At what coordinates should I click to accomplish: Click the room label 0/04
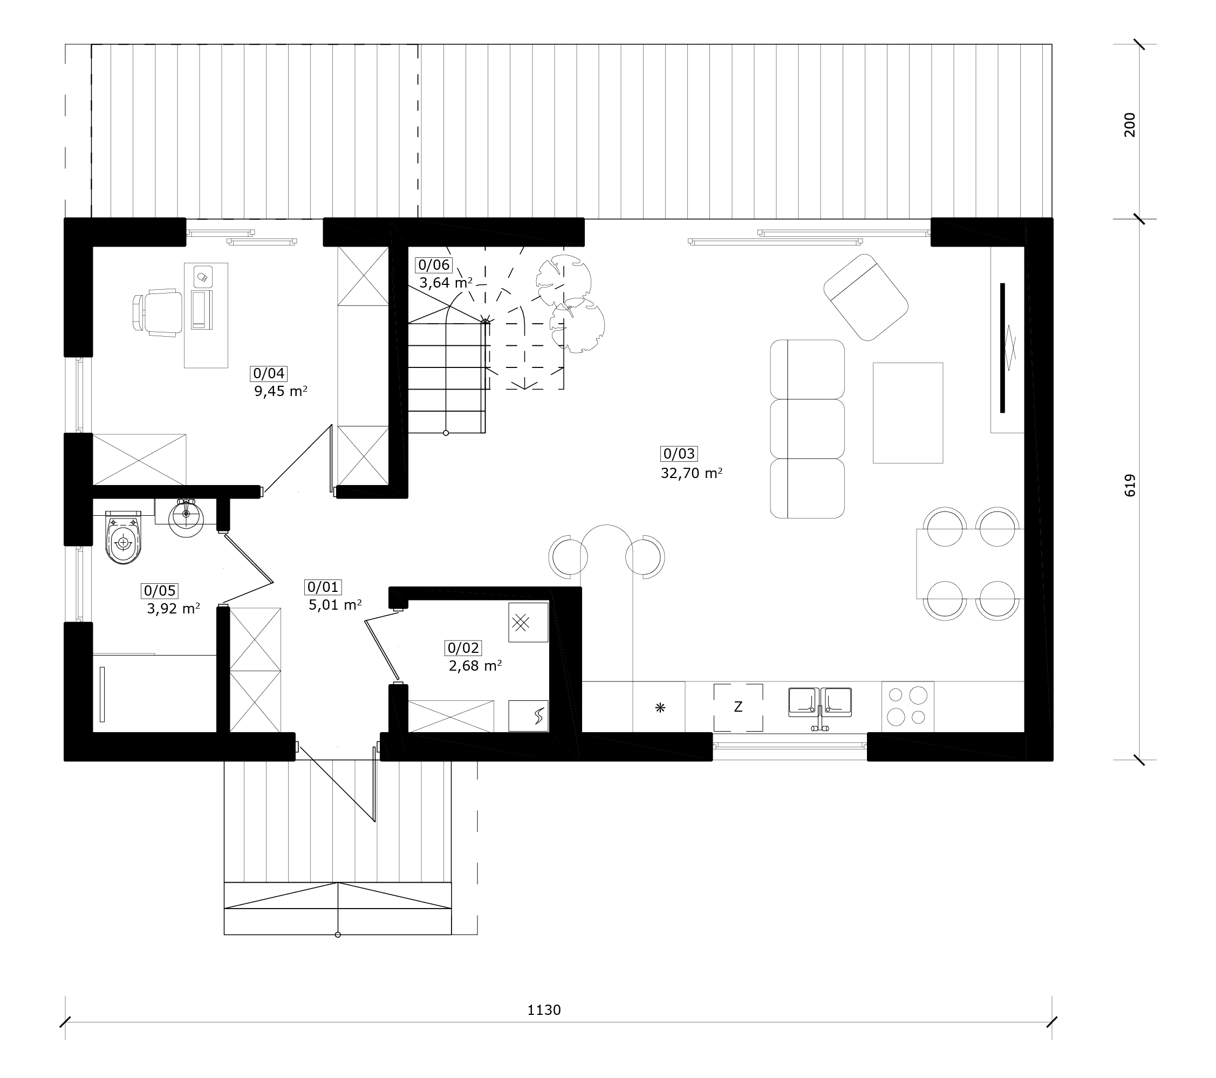click(269, 373)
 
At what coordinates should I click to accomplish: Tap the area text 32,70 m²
click(691, 474)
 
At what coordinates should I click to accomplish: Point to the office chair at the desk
click(157, 313)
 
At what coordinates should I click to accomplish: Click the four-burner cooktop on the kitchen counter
click(907, 707)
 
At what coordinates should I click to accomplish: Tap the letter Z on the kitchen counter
click(737, 707)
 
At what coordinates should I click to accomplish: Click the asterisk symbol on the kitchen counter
click(660, 707)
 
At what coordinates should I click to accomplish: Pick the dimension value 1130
click(544, 1009)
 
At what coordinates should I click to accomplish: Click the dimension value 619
click(1130, 486)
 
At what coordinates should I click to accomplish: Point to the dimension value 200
click(1129, 125)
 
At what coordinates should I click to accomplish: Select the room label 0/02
click(463, 648)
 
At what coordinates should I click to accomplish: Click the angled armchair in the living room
click(865, 297)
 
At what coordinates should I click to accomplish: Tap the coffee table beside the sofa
click(907, 413)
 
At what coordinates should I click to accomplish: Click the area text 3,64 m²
click(446, 283)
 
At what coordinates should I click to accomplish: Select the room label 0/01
click(323, 587)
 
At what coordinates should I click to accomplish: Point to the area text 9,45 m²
click(280, 391)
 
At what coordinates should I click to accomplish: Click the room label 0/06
click(434, 265)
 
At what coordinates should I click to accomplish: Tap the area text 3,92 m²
click(173, 609)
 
